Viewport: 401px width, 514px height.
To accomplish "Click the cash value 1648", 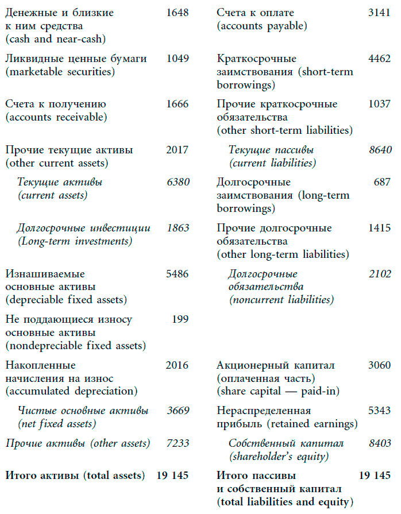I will [177, 13].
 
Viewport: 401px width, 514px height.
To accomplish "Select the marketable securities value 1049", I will [177, 59].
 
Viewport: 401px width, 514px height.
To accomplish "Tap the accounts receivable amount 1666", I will [177, 104].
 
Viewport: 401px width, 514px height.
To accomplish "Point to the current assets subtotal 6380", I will [177, 182].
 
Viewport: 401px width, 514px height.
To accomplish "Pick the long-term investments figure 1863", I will [178, 228].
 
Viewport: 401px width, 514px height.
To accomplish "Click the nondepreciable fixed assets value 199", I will [180, 319].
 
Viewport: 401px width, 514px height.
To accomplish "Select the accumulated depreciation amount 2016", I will [177, 365].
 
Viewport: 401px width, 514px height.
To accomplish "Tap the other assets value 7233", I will [177, 443].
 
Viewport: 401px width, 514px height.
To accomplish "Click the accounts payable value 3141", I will [379, 13].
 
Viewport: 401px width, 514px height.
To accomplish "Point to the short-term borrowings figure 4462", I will [379, 59].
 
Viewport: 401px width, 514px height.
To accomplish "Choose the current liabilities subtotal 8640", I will [379, 150].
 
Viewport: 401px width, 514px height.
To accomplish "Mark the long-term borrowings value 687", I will [382, 182].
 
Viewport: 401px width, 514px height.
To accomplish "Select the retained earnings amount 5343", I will [379, 411].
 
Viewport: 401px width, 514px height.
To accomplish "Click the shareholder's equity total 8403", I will [379, 443].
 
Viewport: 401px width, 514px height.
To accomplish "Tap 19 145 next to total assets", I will [172, 476].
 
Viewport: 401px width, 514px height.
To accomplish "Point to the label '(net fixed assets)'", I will [57, 424].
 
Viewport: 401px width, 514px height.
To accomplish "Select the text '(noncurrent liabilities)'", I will [281, 300].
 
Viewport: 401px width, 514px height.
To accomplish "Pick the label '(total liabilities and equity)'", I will [283, 502].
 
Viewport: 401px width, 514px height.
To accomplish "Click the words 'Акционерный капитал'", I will [276, 365].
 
